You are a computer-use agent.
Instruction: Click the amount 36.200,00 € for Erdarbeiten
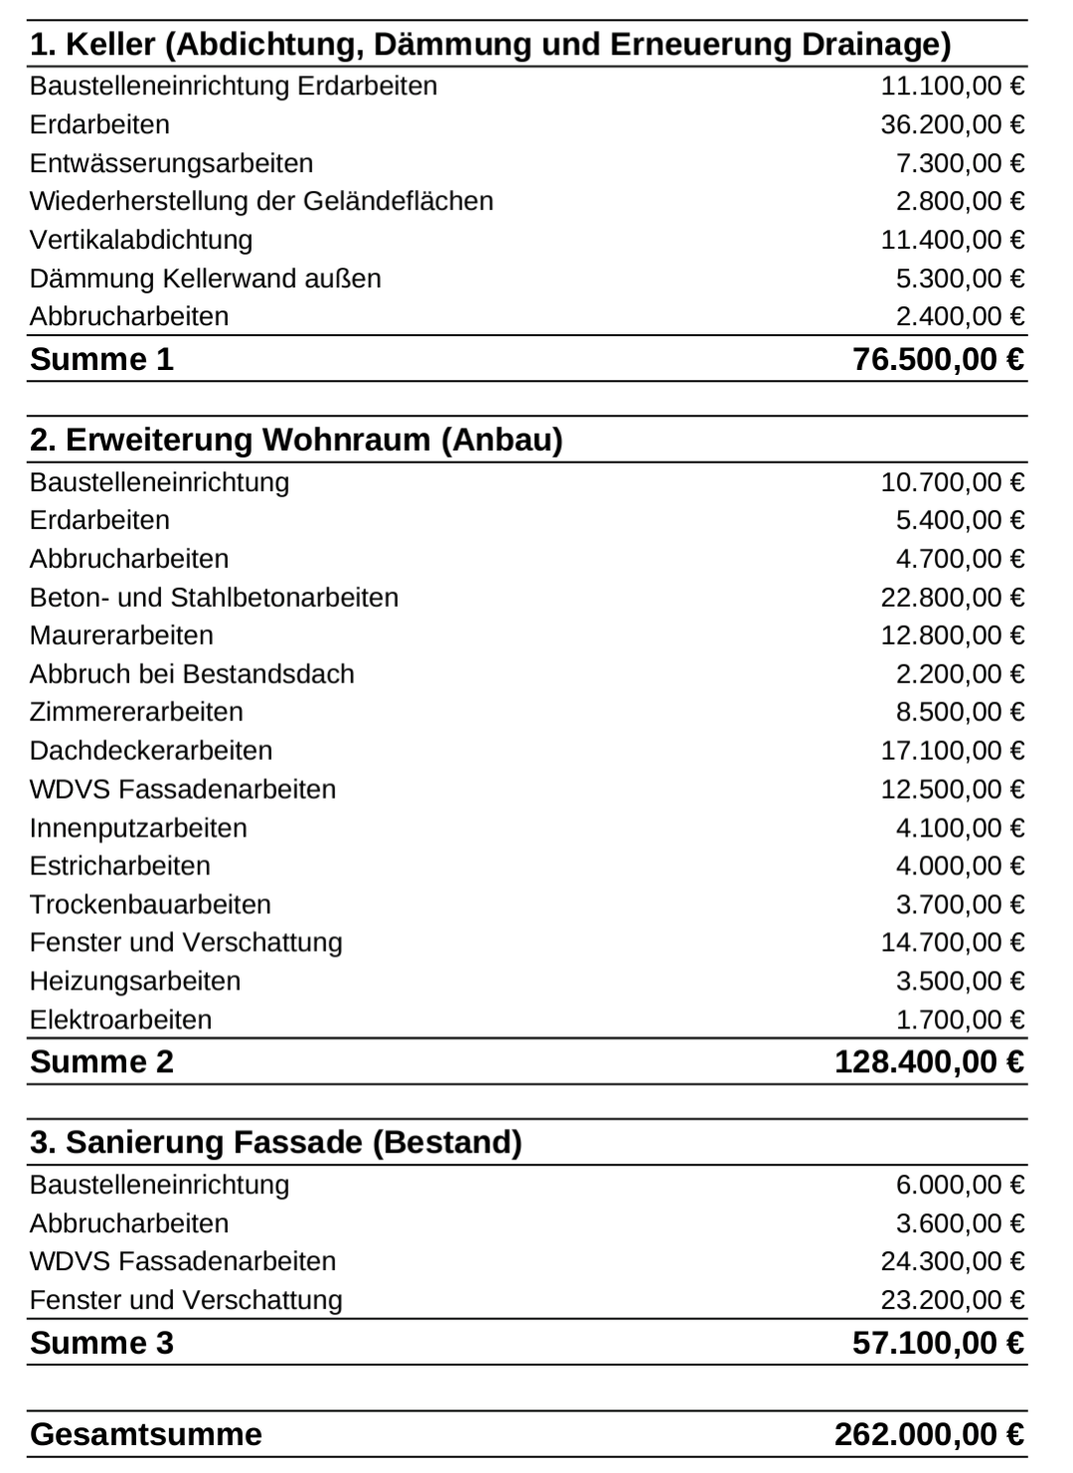(x=952, y=124)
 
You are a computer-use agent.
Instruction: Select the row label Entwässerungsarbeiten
(x=171, y=163)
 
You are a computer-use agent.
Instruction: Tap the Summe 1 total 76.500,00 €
(x=938, y=359)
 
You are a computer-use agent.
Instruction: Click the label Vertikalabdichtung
(x=141, y=240)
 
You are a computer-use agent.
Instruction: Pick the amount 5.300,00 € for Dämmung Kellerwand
(x=960, y=278)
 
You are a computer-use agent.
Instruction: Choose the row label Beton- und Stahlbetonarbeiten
(x=214, y=598)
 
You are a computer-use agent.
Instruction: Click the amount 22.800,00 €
(x=952, y=598)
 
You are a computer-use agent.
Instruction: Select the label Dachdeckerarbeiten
(x=151, y=751)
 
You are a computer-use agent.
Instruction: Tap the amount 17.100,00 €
(x=952, y=751)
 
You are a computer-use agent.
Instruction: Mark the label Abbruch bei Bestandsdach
(x=192, y=674)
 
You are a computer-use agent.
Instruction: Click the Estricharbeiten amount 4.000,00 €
(x=960, y=866)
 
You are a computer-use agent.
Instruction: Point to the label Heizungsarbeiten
(x=135, y=982)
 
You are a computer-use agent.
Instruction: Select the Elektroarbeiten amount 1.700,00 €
(x=960, y=1020)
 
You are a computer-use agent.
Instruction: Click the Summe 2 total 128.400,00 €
(x=929, y=1062)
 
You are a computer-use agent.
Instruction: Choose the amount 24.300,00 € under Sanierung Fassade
(x=952, y=1262)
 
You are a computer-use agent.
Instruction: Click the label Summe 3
(x=101, y=1344)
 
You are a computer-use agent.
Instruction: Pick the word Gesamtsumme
(x=146, y=1435)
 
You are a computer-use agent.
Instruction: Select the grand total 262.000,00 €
(x=929, y=1435)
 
